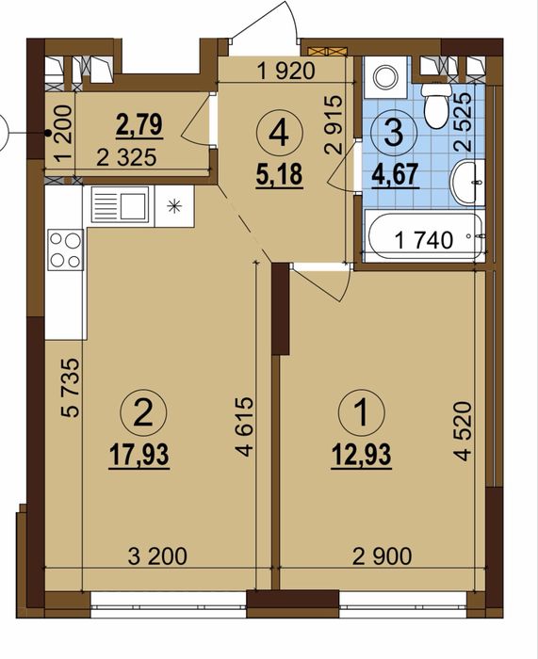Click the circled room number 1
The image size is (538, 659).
(x=361, y=412)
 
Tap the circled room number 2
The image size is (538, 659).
(x=143, y=412)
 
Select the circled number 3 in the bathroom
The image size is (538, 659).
(x=394, y=133)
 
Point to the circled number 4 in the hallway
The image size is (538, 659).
(x=279, y=133)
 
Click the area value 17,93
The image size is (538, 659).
(x=139, y=455)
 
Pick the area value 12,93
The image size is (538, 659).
(x=362, y=455)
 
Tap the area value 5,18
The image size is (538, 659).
(x=279, y=174)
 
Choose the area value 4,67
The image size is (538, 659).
(x=395, y=174)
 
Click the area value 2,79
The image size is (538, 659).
(x=139, y=125)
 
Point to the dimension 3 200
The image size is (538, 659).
(x=157, y=556)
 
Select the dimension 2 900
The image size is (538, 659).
(x=383, y=556)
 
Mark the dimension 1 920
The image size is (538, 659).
(x=285, y=71)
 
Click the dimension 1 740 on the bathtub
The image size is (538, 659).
(x=424, y=240)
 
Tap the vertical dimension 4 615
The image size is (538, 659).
(x=245, y=426)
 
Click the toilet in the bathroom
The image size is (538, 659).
(x=436, y=105)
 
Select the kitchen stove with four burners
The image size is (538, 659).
(x=66, y=249)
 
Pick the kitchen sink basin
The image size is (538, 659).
(x=133, y=206)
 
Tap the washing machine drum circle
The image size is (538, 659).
(x=385, y=78)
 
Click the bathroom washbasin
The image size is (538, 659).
(x=467, y=183)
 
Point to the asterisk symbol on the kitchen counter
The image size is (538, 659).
(x=173, y=206)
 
